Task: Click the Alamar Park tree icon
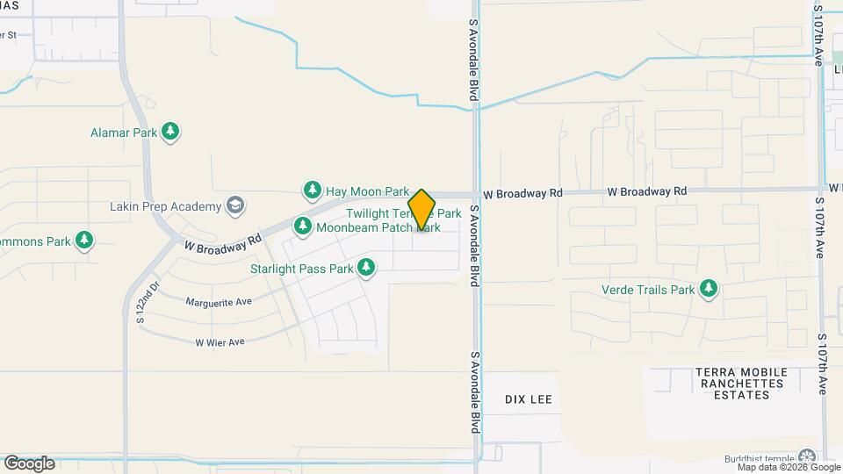pos(171,133)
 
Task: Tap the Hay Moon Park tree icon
pos(312,190)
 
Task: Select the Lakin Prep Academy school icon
pos(234,206)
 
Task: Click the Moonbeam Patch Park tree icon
pos(303,226)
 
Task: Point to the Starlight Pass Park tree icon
pos(366,268)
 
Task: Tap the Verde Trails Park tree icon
pos(709,289)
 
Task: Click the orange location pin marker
pos(421,210)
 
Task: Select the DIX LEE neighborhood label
pos(529,399)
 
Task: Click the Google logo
pos(29,463)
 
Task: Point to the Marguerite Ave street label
pos(219,301)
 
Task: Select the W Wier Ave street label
pos(220,342)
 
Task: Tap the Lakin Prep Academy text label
pos(165,206)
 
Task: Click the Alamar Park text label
pos(124,133)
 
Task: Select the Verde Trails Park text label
pos(648,290)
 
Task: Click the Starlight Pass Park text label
pos(301,269)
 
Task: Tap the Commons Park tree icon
pos(84,241)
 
